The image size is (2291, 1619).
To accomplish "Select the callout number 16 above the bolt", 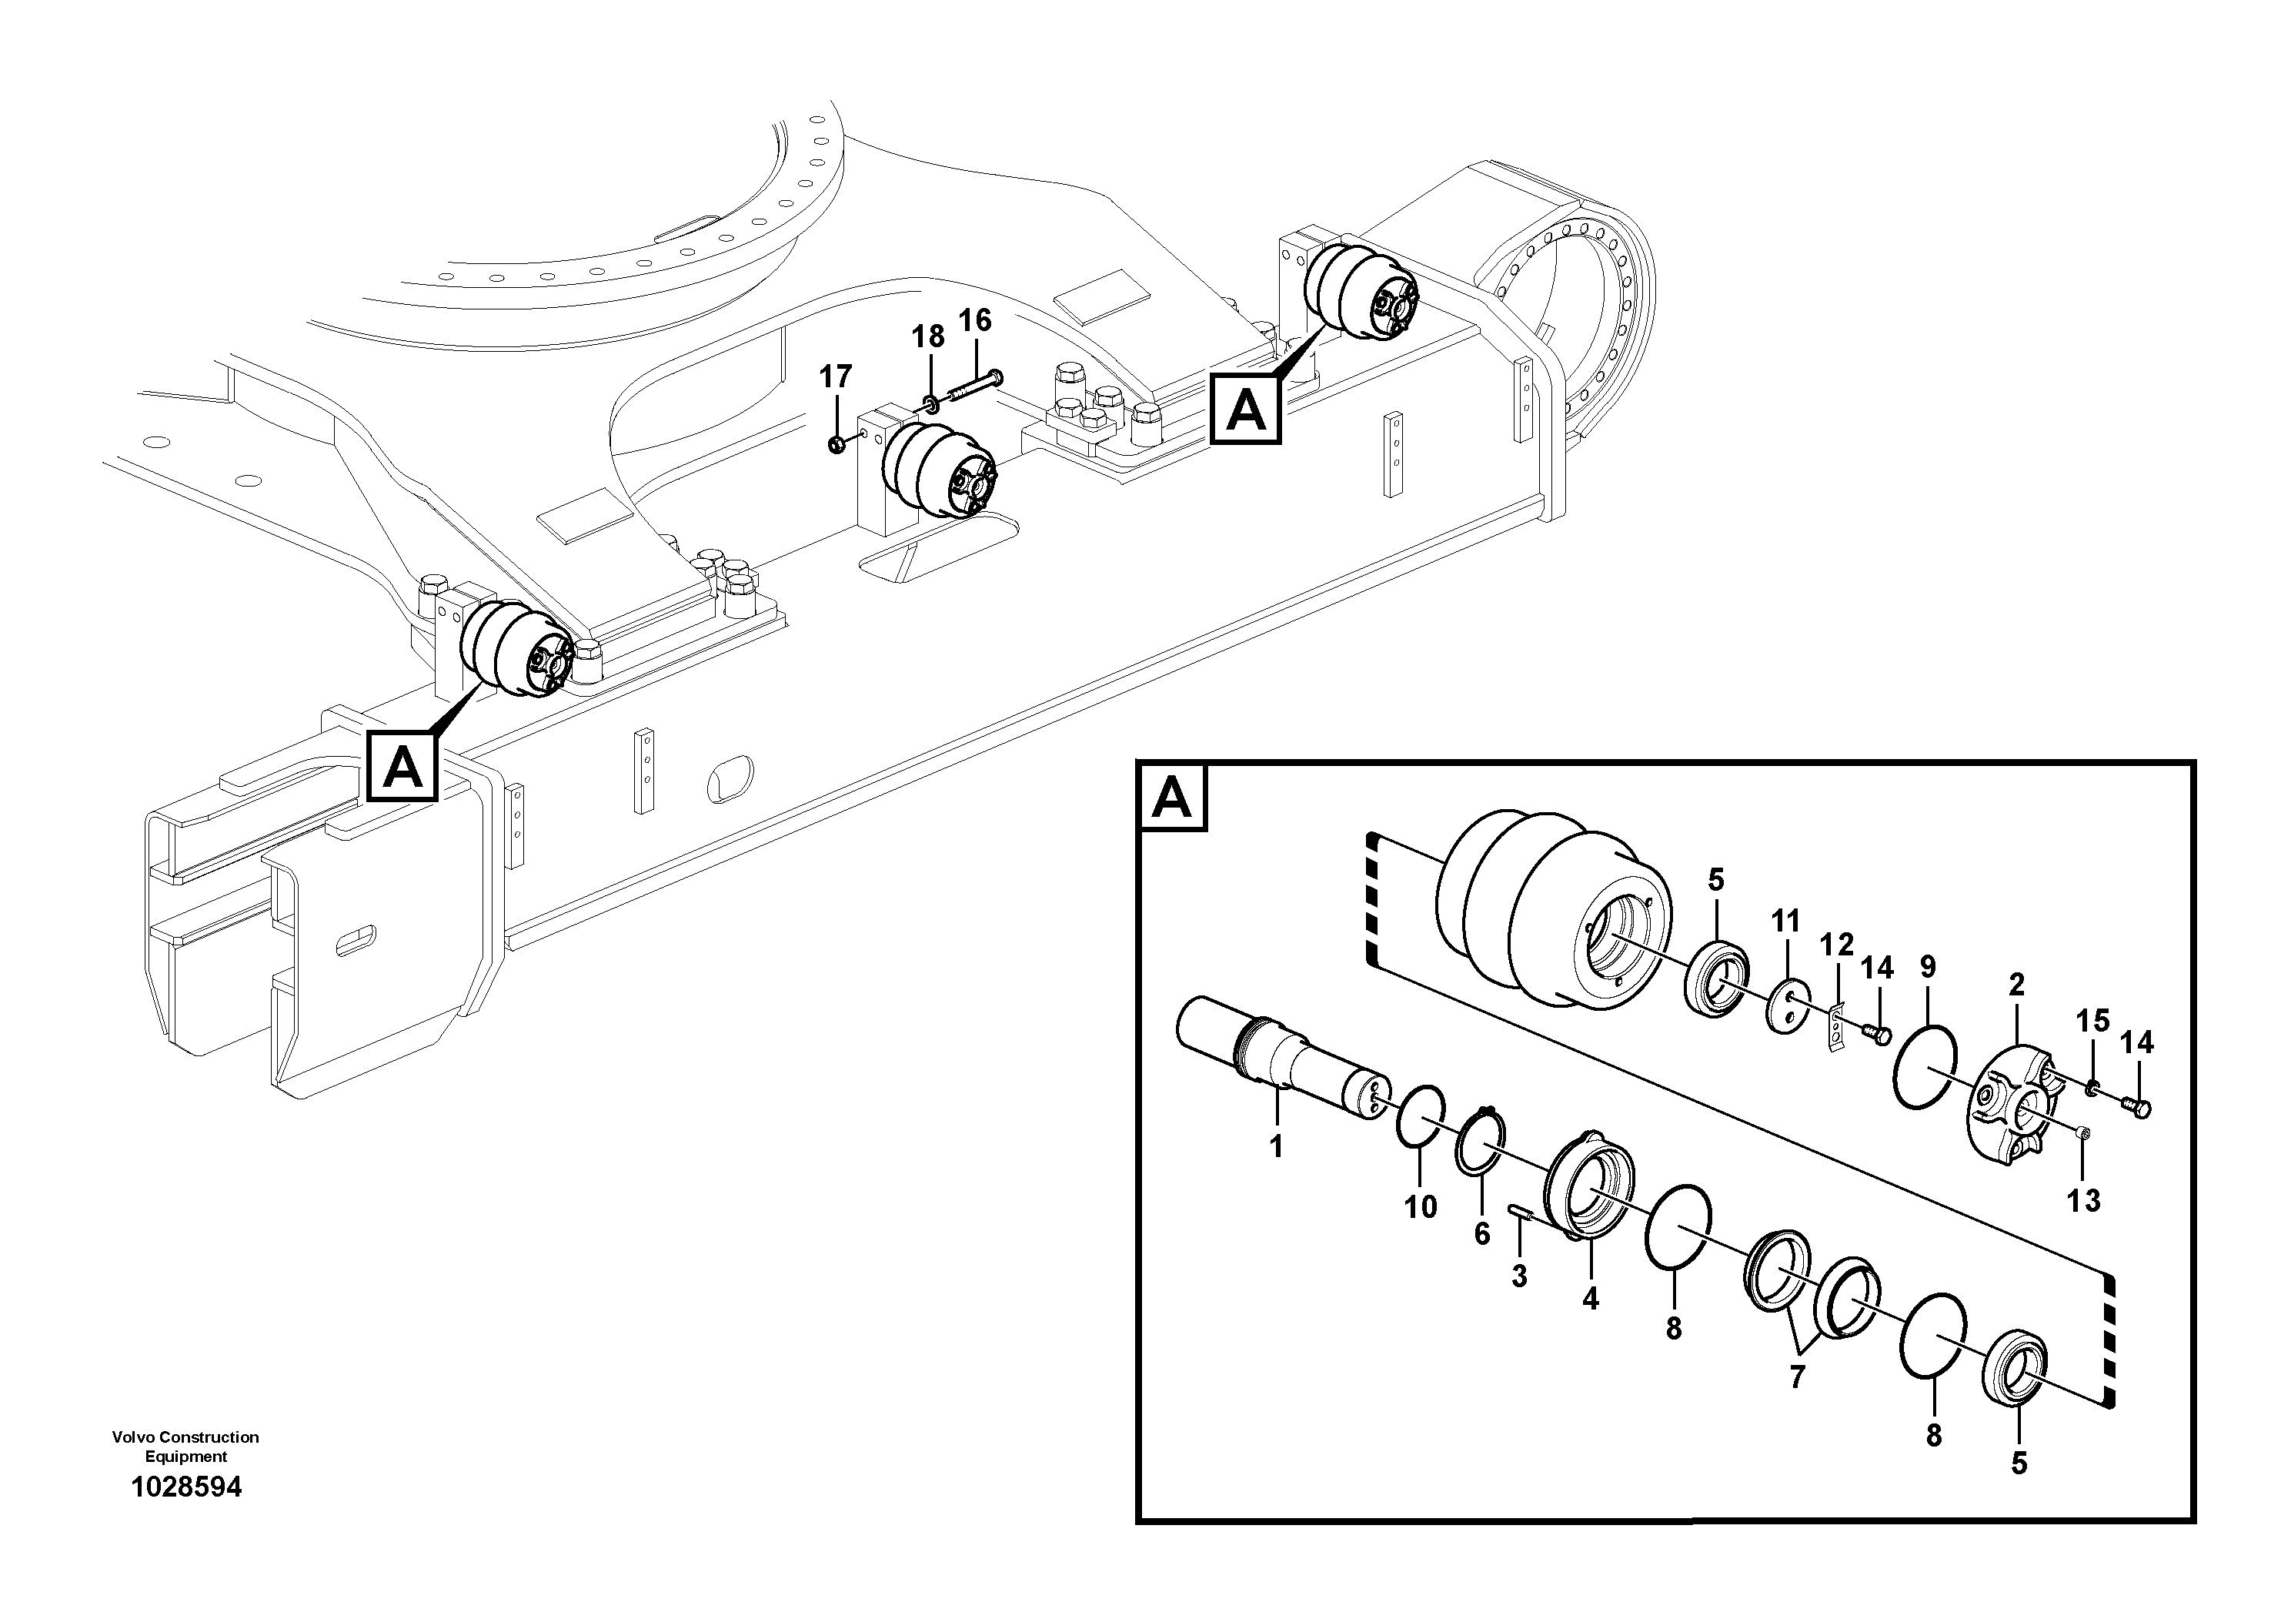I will (975, 320).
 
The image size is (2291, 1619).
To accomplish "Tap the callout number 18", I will (928, 337).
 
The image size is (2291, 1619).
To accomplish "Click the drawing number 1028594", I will (186, 1487).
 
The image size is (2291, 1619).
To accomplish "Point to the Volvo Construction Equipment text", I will (185, 1447).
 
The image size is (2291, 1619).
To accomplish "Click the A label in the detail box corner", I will (1173, 798).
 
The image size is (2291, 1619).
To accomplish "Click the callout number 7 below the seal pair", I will (1796, 1377).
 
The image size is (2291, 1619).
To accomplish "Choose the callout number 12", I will (1836, 945).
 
